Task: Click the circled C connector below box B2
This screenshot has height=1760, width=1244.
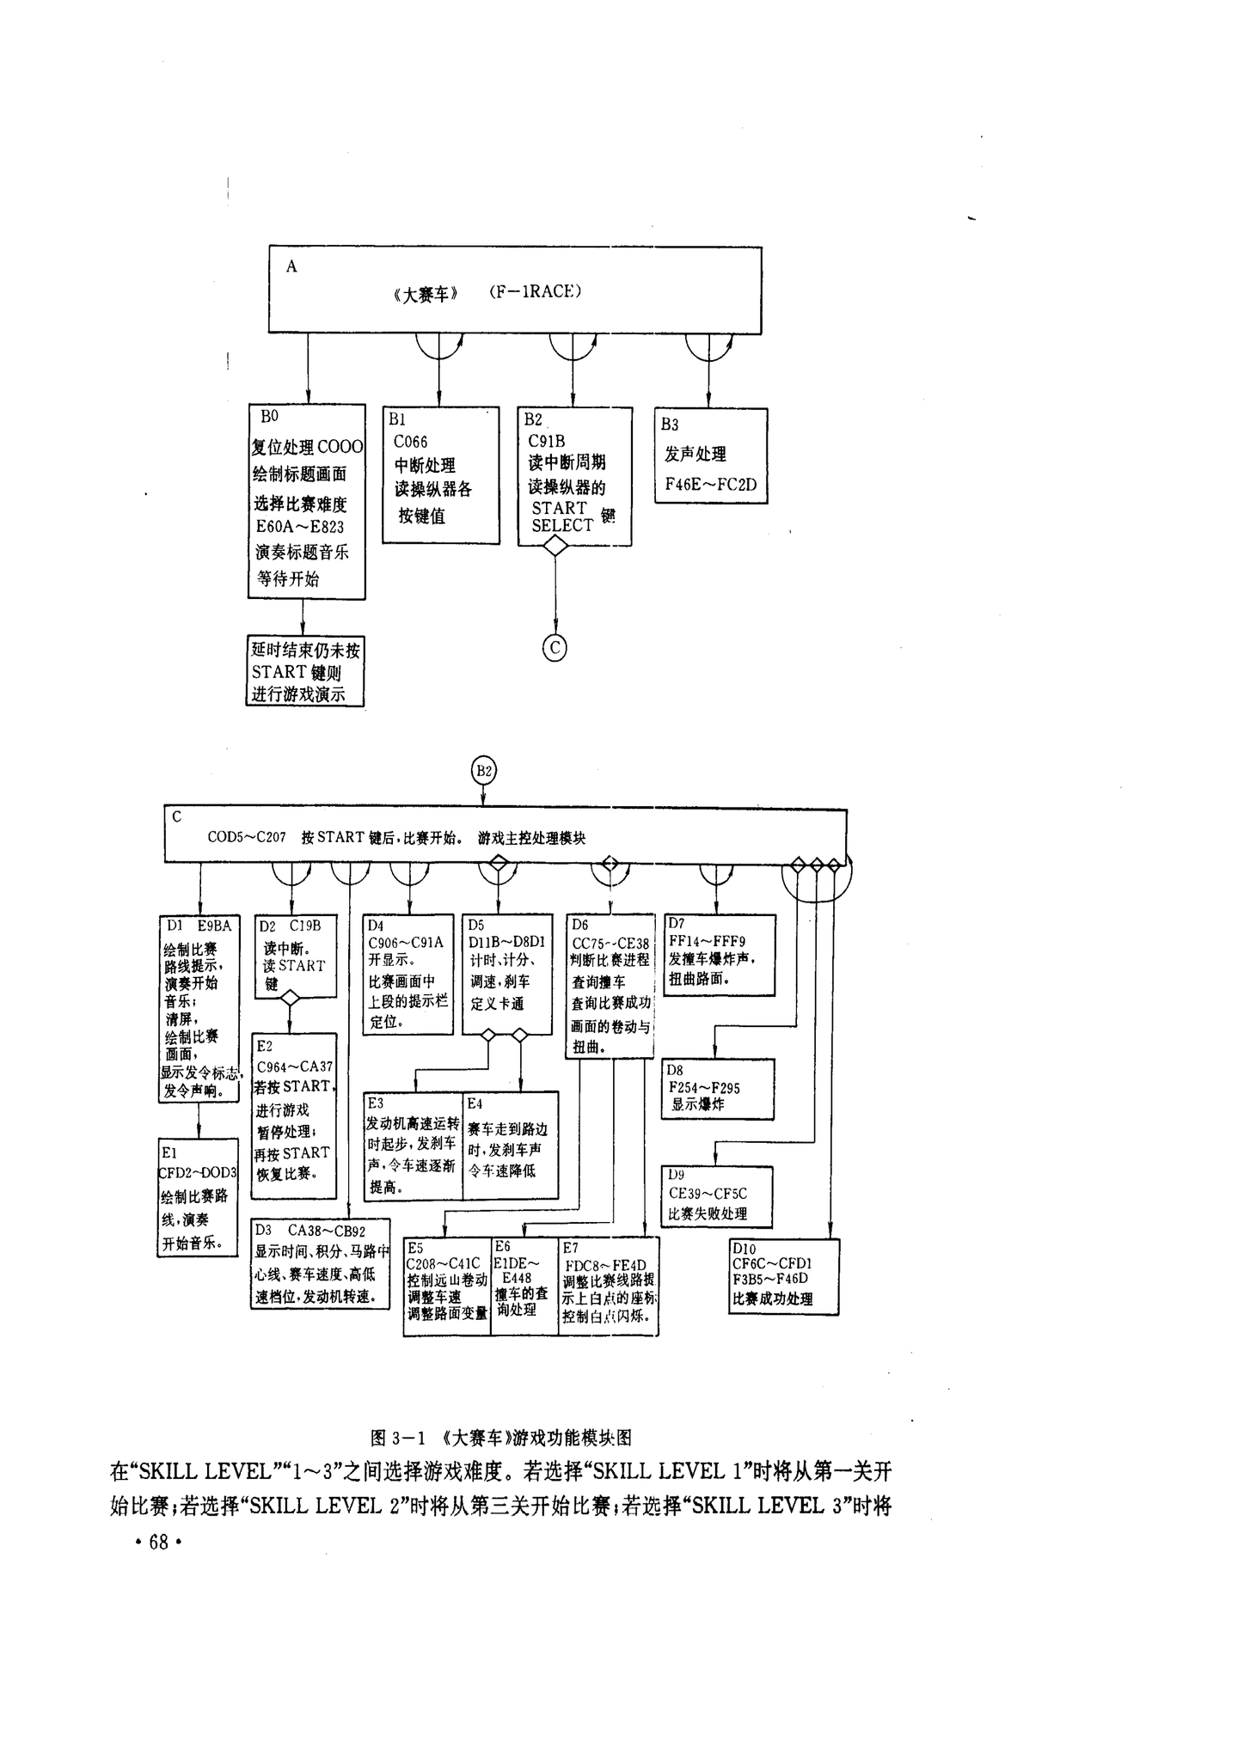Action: (x=555, y=647)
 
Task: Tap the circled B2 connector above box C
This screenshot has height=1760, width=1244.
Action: (x=484, y=770)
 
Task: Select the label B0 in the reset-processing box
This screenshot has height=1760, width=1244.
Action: (x=269, y=416)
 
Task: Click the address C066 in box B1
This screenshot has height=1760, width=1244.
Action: (x=410, y=442)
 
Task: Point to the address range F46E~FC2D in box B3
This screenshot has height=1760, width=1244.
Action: (x=711, y=484)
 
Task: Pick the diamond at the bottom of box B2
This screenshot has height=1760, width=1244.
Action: (x=555, y=547)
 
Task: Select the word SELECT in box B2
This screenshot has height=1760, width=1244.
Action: (x=562, y=526)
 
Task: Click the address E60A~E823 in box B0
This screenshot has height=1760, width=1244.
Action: (x=300, y=527)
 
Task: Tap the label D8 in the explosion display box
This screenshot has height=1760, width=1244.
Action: (x=675, y=1070)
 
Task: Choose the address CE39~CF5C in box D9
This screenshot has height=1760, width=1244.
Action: (x=708, y=1194)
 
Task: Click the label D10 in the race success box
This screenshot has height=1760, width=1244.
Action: (x=744, y=1249)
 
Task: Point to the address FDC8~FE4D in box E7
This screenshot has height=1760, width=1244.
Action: (x=605, y=1266)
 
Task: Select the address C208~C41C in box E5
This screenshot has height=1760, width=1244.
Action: (x=444, y=1263)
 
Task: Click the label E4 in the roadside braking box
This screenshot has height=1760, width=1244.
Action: (x=475, y=1103)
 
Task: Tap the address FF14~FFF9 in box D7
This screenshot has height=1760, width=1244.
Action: (x=707, y=941)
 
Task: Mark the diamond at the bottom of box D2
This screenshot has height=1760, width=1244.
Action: (x=290, y=998)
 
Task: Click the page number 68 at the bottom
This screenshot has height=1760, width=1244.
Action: (x=158, y=1543)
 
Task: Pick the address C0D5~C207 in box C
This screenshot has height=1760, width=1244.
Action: (x=247, y=837)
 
